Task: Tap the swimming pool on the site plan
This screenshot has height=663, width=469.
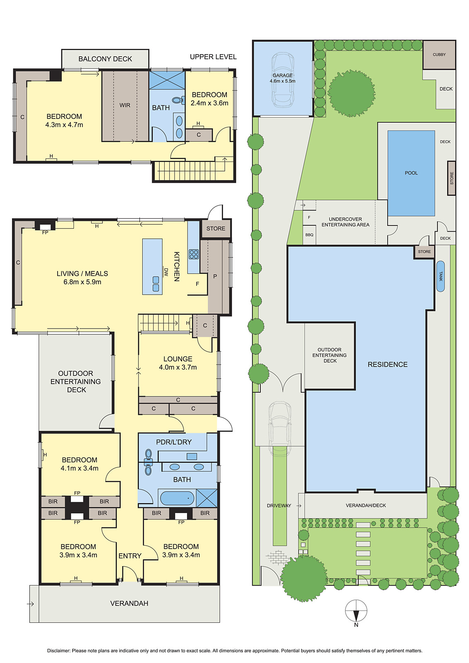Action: tap(411, 173)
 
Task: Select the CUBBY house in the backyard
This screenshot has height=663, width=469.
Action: tap(439, 55)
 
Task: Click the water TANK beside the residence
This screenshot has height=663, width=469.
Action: tap(440, 276)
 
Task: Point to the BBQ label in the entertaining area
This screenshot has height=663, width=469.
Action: tap(309, 235)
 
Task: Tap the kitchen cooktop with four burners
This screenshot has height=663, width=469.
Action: tap(194, 254)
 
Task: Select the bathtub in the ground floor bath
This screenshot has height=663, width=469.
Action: tap(177, 498)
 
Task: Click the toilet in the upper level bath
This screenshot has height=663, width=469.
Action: tap(178, 100)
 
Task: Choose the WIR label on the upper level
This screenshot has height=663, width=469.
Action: tap(125, 105)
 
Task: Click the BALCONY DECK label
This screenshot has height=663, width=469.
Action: tap(105, 59)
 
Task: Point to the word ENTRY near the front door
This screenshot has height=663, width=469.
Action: tap(130, 556)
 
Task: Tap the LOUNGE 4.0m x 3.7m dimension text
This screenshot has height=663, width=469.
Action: tap(178, 367)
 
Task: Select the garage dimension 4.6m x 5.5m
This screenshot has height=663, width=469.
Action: tap(282, 81)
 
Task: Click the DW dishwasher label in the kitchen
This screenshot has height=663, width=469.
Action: tap(166, 272)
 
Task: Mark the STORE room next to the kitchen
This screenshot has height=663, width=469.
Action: tap(216, 228)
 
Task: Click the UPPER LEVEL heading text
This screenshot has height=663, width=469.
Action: tap(213, 57)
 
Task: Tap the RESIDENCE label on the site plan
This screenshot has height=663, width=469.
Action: tap(388, 365)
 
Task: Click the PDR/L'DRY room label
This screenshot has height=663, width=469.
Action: tap(174, 442)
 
